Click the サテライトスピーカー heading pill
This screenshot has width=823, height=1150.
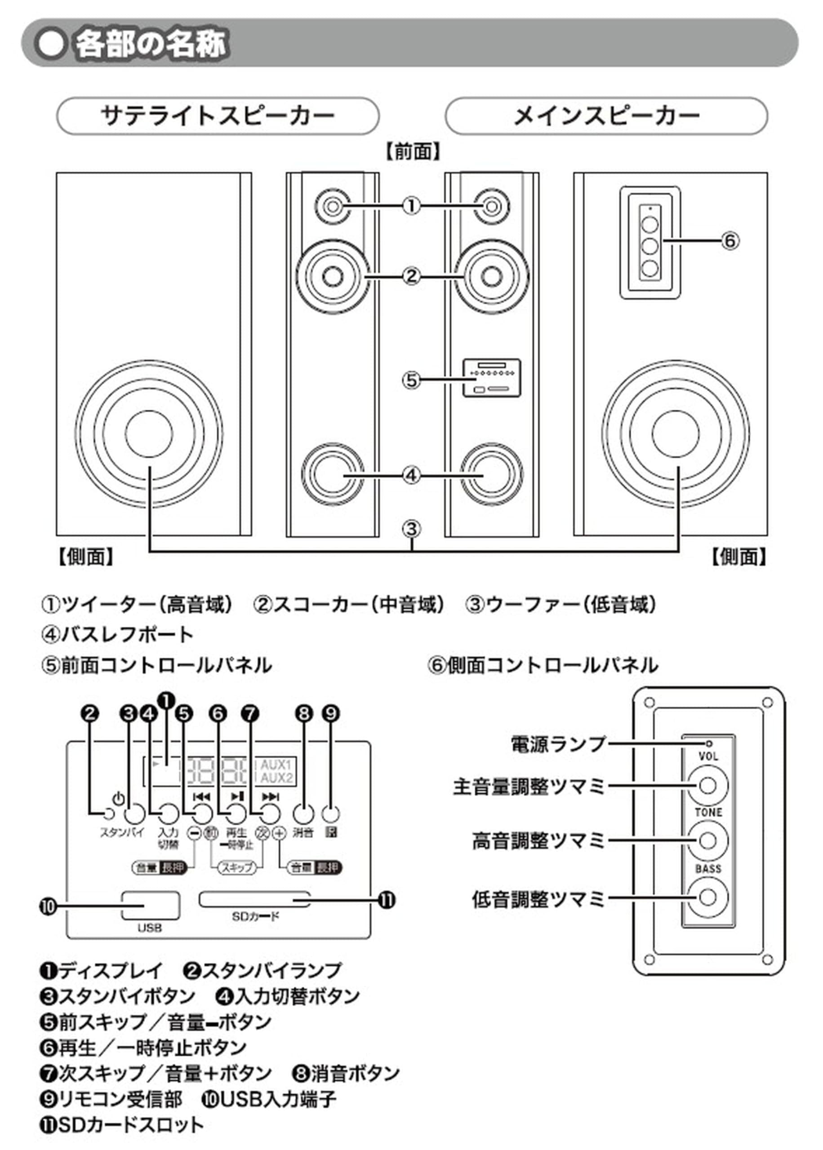(218, 116)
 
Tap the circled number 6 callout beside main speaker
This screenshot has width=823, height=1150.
(730, 240)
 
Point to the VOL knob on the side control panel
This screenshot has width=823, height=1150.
(707, 785)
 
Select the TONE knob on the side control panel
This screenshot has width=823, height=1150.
(707, 841)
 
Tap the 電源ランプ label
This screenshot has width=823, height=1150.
(558, 744)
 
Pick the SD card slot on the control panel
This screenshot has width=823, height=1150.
(254, 900)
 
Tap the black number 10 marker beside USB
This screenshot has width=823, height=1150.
(48, 907)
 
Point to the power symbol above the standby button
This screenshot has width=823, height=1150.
(119, 799)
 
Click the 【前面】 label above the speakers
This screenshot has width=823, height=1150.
(412, 151)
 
